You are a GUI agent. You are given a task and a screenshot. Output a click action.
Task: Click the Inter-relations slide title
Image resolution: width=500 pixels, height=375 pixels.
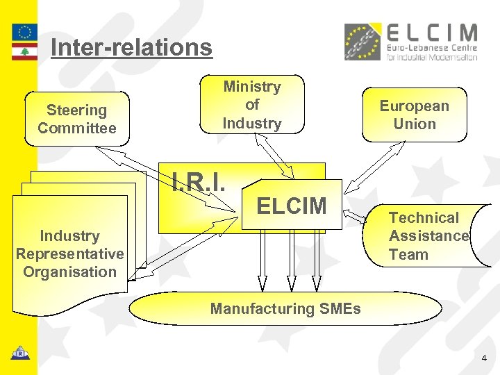(131, 47)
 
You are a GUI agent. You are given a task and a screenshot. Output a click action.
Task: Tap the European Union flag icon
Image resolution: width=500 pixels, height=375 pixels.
(25, 32)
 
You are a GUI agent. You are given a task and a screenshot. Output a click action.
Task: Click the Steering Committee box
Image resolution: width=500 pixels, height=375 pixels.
(76, 119)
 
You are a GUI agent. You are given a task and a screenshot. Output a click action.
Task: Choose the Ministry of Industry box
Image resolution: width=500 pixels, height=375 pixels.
(252, 105)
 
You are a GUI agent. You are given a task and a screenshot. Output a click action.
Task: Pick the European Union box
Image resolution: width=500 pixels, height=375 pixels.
(415, 115)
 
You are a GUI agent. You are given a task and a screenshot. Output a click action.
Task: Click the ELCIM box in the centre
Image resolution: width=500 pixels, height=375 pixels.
(292, 206)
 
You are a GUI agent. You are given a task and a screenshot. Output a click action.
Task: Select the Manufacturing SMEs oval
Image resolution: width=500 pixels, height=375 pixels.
(285, 308)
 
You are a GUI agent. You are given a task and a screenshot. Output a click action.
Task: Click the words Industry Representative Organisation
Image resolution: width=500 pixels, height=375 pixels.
(69, 254)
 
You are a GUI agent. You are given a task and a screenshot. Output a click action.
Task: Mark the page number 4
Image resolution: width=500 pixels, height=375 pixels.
(484, 358)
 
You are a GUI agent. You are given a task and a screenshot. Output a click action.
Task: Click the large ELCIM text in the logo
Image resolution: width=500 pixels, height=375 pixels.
(431, 33)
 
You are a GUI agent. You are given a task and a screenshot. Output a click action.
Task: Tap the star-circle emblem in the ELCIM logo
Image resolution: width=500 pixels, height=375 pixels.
(362, 42)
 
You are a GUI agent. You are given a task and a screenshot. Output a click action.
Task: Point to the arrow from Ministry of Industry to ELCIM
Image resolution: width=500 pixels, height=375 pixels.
(275, 155)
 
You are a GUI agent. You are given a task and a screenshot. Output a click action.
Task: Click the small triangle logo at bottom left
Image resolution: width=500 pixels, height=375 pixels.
(19, 352)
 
